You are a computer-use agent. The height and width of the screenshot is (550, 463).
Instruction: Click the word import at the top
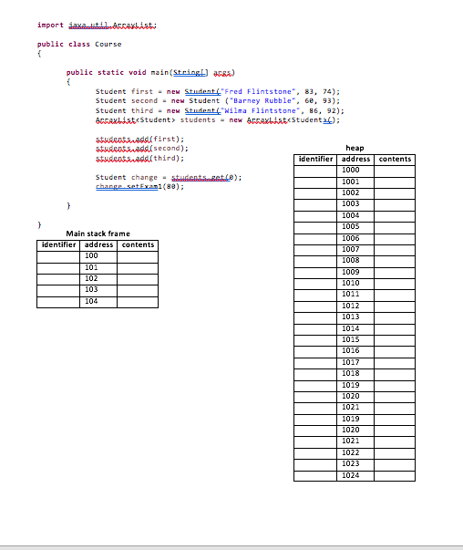point(48,25)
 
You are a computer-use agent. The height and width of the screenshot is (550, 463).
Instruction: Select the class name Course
point(108,44)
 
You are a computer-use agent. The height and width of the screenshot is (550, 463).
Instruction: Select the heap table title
point(355,148)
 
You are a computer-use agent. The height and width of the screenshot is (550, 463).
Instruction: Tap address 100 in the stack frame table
point(91,256)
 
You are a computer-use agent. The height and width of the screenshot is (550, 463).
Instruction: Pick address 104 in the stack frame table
point(91,301)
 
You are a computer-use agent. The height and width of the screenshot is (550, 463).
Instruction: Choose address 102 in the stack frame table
point(91,278)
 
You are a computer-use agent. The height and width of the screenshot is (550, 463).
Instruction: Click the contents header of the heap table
point(395,160)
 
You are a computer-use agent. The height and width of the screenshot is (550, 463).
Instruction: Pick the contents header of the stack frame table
point(138,244)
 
